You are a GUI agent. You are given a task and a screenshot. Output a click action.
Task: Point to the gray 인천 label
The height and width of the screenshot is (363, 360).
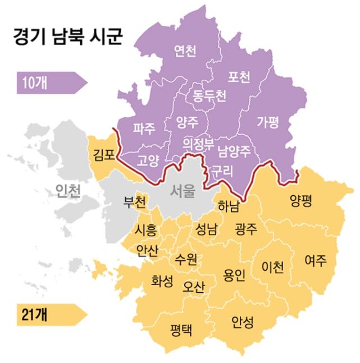(69, 191)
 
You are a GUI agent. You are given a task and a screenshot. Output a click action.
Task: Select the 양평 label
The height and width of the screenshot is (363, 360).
(301, 200)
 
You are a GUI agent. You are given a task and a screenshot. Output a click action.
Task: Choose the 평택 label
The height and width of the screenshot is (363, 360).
(181, 329)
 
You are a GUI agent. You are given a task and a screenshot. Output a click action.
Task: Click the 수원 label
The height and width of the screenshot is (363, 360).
(185, 260)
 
